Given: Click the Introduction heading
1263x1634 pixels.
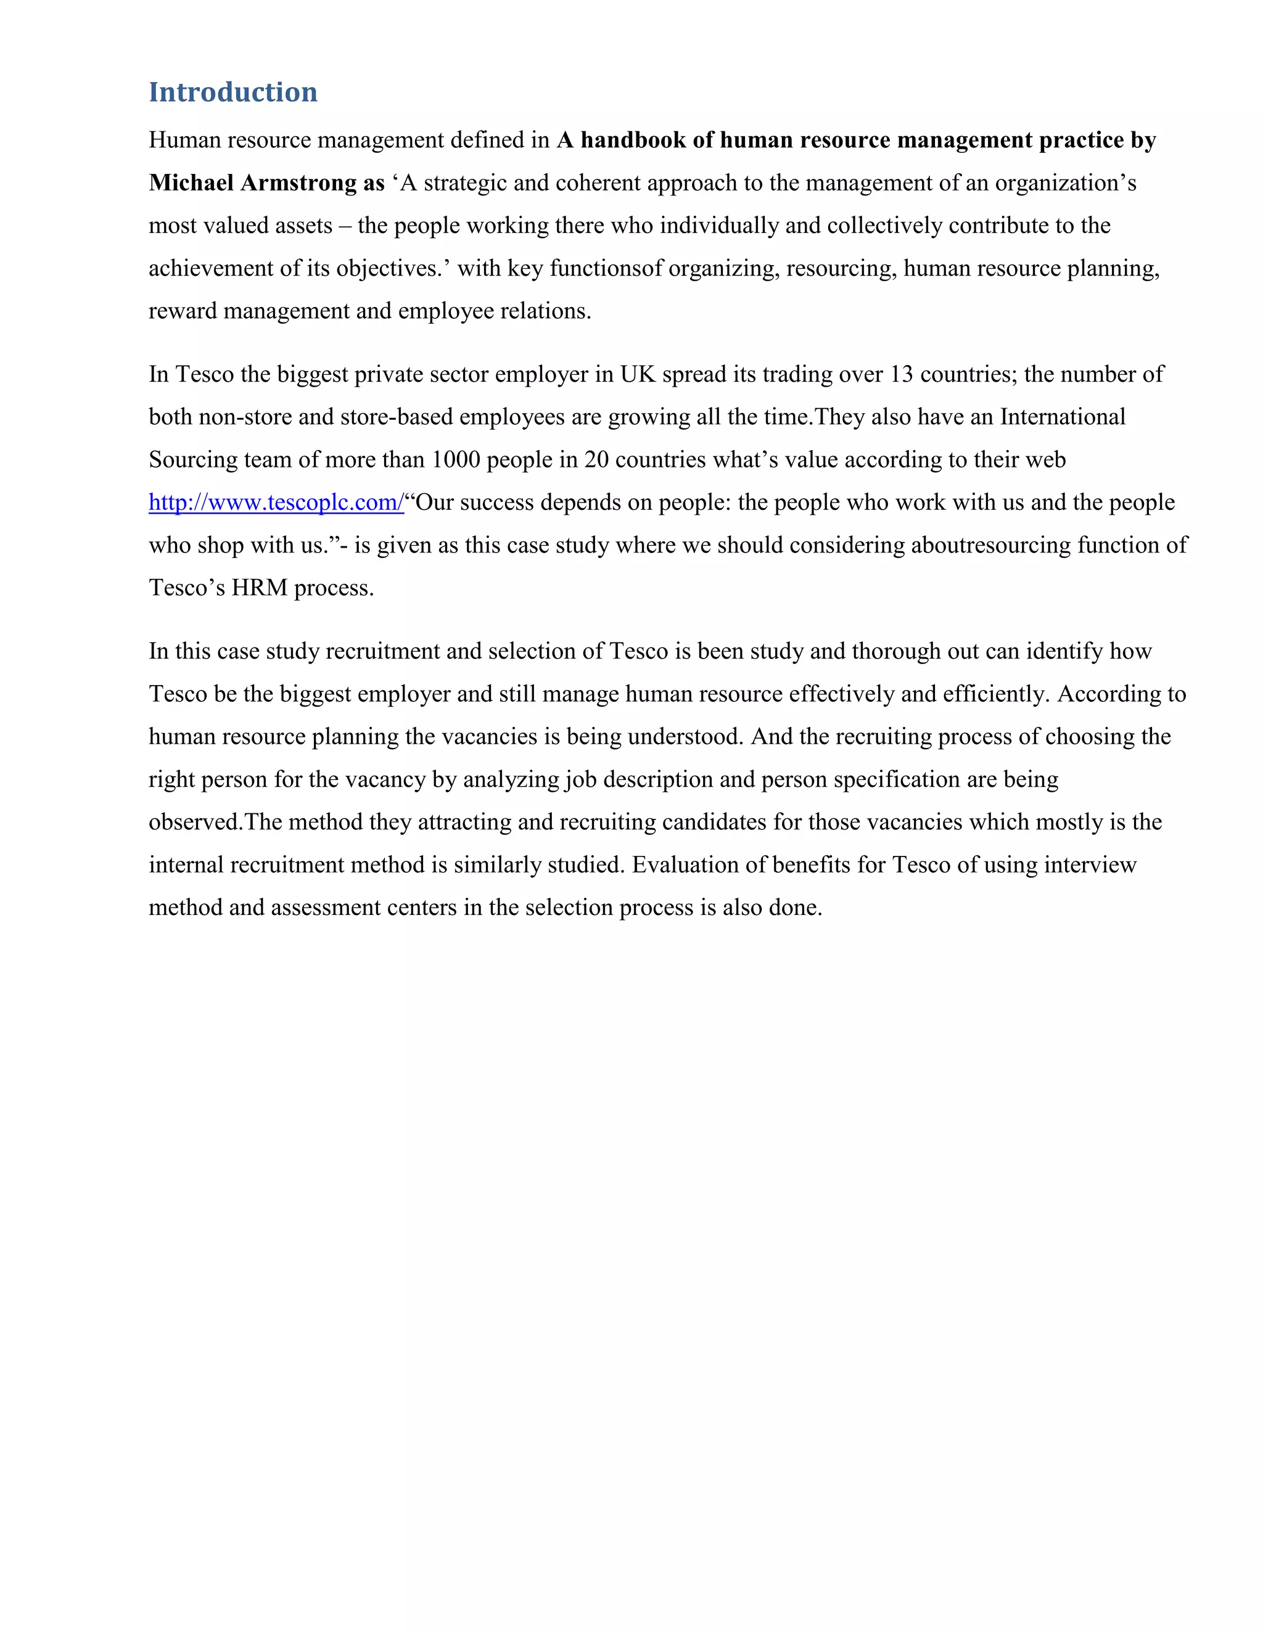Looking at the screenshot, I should coord(232,92).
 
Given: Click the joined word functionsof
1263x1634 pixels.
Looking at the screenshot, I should coord(606,268).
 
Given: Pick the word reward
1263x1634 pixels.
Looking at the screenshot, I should coord(183,311).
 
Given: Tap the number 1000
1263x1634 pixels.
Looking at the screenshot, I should coord(456,459).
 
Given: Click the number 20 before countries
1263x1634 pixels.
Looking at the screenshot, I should coord(596,459).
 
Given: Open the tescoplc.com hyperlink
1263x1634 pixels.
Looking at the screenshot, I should coord(276,502).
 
